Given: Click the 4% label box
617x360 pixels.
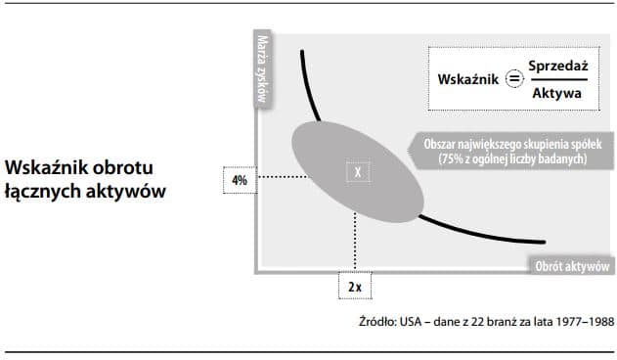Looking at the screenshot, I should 241,181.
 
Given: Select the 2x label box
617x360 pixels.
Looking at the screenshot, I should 354,287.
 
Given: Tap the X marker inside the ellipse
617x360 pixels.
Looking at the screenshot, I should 358,172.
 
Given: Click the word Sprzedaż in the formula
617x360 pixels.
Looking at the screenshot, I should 557,65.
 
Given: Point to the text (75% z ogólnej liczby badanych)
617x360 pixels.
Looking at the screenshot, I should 514,158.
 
